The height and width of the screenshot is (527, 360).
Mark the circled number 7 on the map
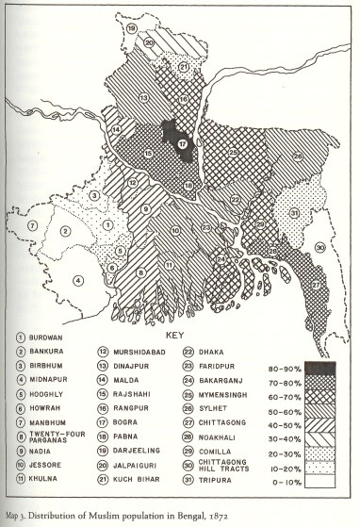pos(32,225)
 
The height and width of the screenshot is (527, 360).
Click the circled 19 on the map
pos(133,31)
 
